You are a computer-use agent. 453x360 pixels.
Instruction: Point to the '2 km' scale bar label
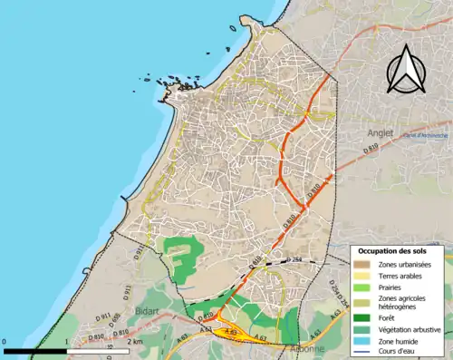tap(133, 343)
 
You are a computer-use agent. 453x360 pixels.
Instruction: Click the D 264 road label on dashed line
tap(292, 260)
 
